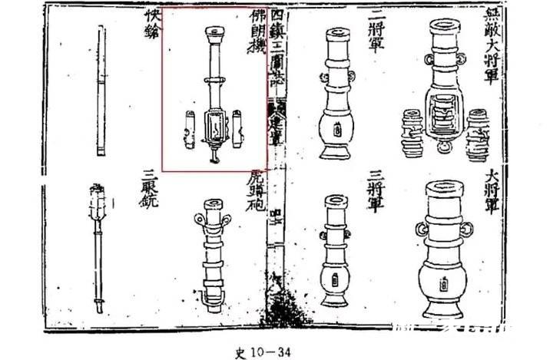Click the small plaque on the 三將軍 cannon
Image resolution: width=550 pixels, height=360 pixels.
335,279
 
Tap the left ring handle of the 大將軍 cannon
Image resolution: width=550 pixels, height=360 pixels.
422,230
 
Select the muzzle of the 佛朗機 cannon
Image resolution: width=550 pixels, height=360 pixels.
213,32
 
